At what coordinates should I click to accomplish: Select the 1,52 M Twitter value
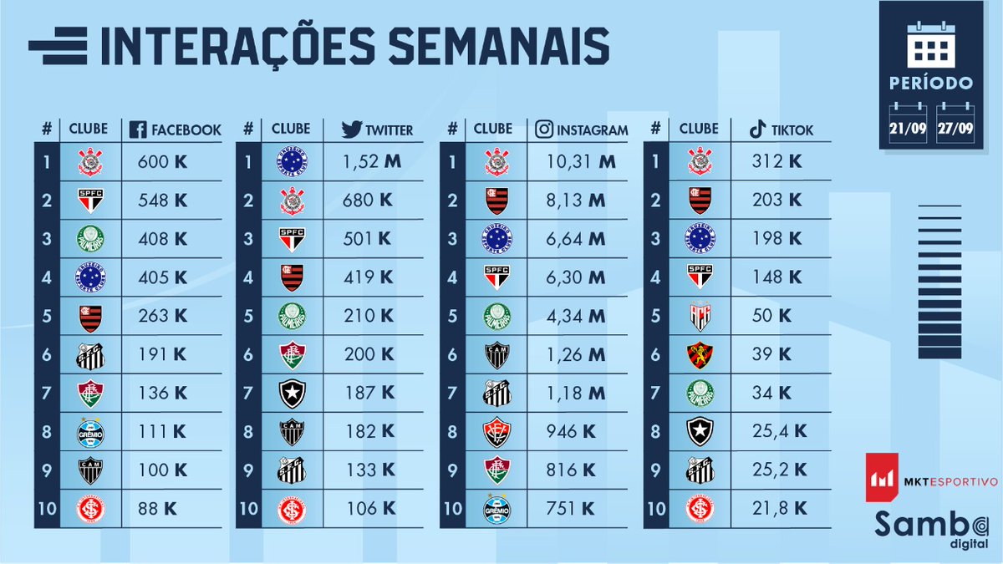[373, 162]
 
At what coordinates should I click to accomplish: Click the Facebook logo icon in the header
[139, 130]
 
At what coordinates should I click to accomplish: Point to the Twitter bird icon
[351, 130]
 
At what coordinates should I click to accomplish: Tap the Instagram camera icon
[545, 130]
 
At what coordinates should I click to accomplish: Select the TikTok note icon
[757, 130]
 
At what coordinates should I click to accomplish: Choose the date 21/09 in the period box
[908, 129]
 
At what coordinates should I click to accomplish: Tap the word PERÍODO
[931, 83]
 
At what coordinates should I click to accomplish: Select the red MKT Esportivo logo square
[881, 477]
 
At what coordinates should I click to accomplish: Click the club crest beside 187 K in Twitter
[292, 393]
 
